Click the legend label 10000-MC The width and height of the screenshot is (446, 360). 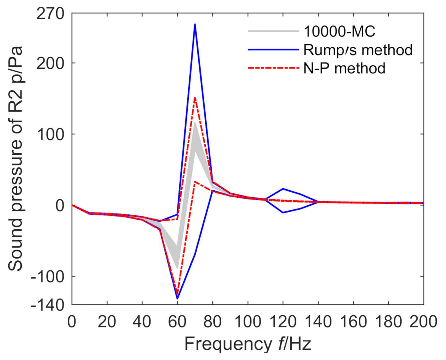(x=339, y=31)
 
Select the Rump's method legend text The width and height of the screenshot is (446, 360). (x=358, y=50)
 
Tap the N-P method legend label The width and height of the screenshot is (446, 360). (x=344, y=68)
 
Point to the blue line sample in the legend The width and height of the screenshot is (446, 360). (x=273, y=50)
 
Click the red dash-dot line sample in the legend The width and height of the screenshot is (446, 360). (x=273, y=68)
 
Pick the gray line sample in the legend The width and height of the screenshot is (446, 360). (x=273, y=31)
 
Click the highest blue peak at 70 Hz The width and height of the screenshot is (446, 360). (x=195, y=24)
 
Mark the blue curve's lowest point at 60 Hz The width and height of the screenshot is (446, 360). (x=177, y=298)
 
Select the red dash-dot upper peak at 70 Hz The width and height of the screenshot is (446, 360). (x=195, y=98)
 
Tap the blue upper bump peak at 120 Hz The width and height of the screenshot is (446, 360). (x=283, y=189)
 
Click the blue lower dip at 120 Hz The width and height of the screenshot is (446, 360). (x=283, y=212)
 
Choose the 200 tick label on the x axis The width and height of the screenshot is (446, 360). (x=423, y=321)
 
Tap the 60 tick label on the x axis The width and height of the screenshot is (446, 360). (x=177, y=321)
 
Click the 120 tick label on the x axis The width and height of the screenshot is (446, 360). (x=283, y=321)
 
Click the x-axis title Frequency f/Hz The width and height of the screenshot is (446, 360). (x=248, y=344)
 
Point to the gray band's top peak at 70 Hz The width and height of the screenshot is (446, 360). (x=195, y=123)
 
